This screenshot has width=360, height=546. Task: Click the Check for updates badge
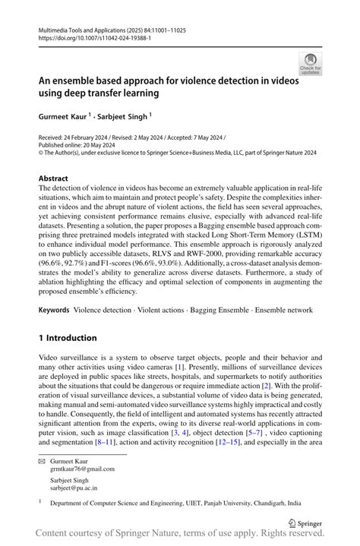309,64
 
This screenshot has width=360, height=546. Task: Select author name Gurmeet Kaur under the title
64,118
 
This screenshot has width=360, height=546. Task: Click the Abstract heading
58,178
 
